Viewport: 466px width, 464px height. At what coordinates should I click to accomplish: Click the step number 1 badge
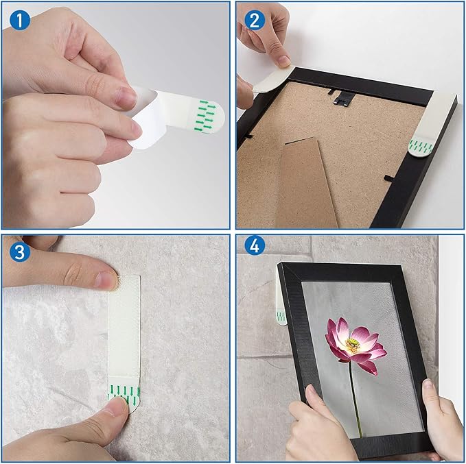(20, 20)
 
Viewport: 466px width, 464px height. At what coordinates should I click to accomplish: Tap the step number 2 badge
(255, 20)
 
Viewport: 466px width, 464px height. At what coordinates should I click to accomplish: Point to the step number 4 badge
(255, 245)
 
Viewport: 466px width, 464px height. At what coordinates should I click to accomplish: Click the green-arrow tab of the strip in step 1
(206, 115)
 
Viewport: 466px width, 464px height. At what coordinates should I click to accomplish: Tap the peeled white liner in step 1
(148, 119)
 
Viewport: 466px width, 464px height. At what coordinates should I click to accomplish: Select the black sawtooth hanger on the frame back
(343, 97)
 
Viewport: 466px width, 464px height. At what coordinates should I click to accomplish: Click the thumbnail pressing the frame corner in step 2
(282, 61)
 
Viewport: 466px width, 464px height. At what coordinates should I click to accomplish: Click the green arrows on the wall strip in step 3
(124, 393)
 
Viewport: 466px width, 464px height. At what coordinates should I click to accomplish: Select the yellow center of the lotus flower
(353, 345)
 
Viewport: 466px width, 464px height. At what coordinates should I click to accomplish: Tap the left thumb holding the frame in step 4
(313, 398)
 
